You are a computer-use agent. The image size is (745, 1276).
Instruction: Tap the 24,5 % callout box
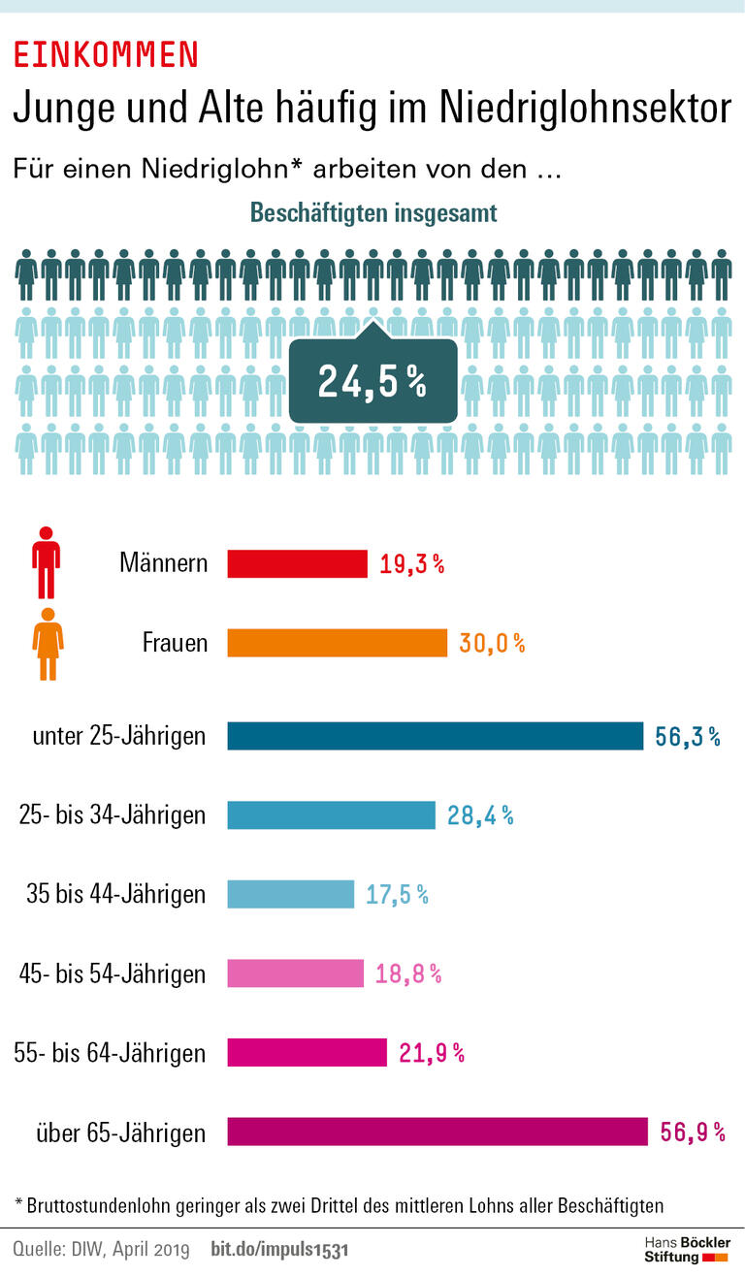(372, 382)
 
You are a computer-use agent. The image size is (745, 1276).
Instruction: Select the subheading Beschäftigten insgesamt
(373, 213)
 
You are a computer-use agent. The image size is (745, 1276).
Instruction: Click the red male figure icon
(46, 562)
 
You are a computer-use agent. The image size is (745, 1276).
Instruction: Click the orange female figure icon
(48, 644)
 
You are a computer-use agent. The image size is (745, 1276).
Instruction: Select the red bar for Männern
(297, 563)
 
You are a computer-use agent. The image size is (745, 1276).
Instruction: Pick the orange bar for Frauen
(337, 643)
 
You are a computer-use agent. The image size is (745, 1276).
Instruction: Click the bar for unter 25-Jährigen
(435, 736)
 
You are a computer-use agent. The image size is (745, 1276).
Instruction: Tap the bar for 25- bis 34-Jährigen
(331, 815)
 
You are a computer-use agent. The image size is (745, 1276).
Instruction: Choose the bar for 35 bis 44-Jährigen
(290, 894)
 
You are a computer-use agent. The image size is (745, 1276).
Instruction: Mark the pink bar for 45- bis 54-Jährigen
(295, 973)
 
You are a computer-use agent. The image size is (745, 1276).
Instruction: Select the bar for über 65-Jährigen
(437, 1132)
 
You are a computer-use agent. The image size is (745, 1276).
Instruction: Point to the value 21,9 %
(432, 1053)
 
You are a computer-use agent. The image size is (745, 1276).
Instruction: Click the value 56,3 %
(688, 737)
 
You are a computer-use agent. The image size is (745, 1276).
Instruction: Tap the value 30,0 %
(492, 643)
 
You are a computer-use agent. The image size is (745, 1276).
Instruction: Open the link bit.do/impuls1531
(279, 1250)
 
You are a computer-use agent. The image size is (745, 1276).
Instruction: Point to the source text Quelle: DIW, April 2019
(102, 1250)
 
